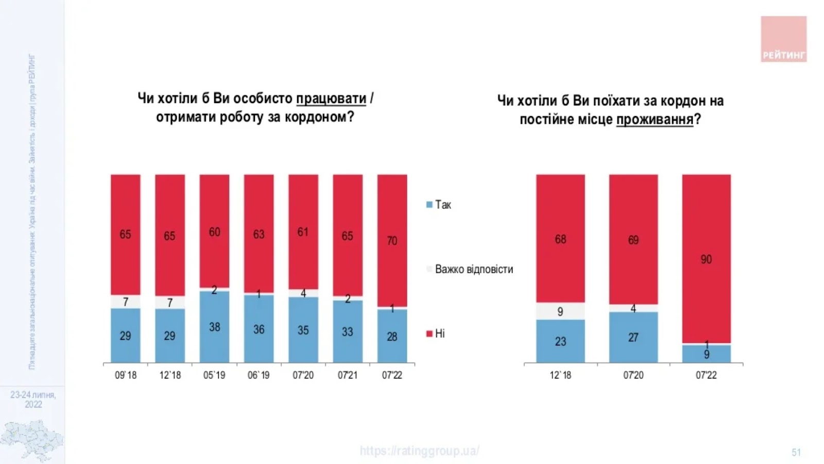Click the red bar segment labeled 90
pyautogui.click(x=706, y=258)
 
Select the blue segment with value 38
pyautogui.click(x=214, y=327)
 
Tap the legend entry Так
pyautogui.click(x=439, y=205)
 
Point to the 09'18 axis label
pyautogui.click(x=126, y=375)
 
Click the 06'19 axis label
pyautogui.click(x=259, y=375)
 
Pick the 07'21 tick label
pyautogui.click(x=348, y=375)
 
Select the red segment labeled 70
pyautogui.click(x=392, y=240)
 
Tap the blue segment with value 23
pyautogui.click(x=560, y=341)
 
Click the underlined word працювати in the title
pyautogui.click(x=331, y=98)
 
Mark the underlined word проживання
pyautogui.click(x=655, y=120)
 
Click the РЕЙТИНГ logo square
pyautogui.click(x=783, y=39)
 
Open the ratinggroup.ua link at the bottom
pyautogui.click(x=420, y=451)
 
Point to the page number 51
pyautogui.click(x=796, y=452)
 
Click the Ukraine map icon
pyautogui.click(x=32, y=439)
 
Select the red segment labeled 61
pyautogui.click(x=303, y=231)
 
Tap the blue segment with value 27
pyautogui.click(x=633, y=337)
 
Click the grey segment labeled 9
pyautogui.click(x=560, y=311)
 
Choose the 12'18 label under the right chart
pyautogui.click(x=560, y=375)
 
